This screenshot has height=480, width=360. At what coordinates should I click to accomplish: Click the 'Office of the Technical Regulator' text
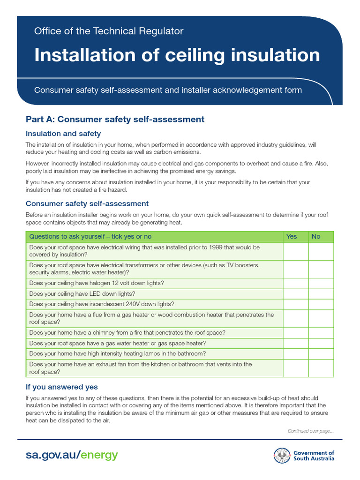[x=108, y=31]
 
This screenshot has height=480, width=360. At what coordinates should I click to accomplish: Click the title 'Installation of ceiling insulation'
[x=177, y=55]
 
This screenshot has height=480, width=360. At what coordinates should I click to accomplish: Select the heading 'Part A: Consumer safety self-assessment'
[x=115, y=119]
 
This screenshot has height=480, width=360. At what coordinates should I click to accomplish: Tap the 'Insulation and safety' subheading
[x=63, y=134]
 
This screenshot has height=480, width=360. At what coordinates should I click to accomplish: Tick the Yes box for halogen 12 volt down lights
[x=295, y=283]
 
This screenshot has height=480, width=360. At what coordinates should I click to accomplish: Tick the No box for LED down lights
[x=321, y=294]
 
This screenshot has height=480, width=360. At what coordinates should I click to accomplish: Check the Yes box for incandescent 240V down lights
[x=295, y=304]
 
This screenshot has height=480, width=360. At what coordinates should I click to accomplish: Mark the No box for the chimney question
[x=321, y=332]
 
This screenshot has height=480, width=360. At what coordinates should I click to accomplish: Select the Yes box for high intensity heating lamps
[x=295, y=353]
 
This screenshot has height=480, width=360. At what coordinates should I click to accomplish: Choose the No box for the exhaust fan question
[x=321, y=368]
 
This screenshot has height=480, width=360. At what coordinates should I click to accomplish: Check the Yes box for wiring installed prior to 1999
[x=295, y=251]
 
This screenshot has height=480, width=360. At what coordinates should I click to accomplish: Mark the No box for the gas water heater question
[x=321, y=343]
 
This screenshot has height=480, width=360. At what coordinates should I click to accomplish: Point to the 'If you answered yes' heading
[x=62, y=387]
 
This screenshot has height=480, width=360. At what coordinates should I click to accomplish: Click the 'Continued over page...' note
[x=310, y=431]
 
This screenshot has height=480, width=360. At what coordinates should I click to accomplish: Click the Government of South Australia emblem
[x=282, y=456]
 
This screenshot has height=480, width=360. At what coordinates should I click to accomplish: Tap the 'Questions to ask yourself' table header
[x=90, y=236]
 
